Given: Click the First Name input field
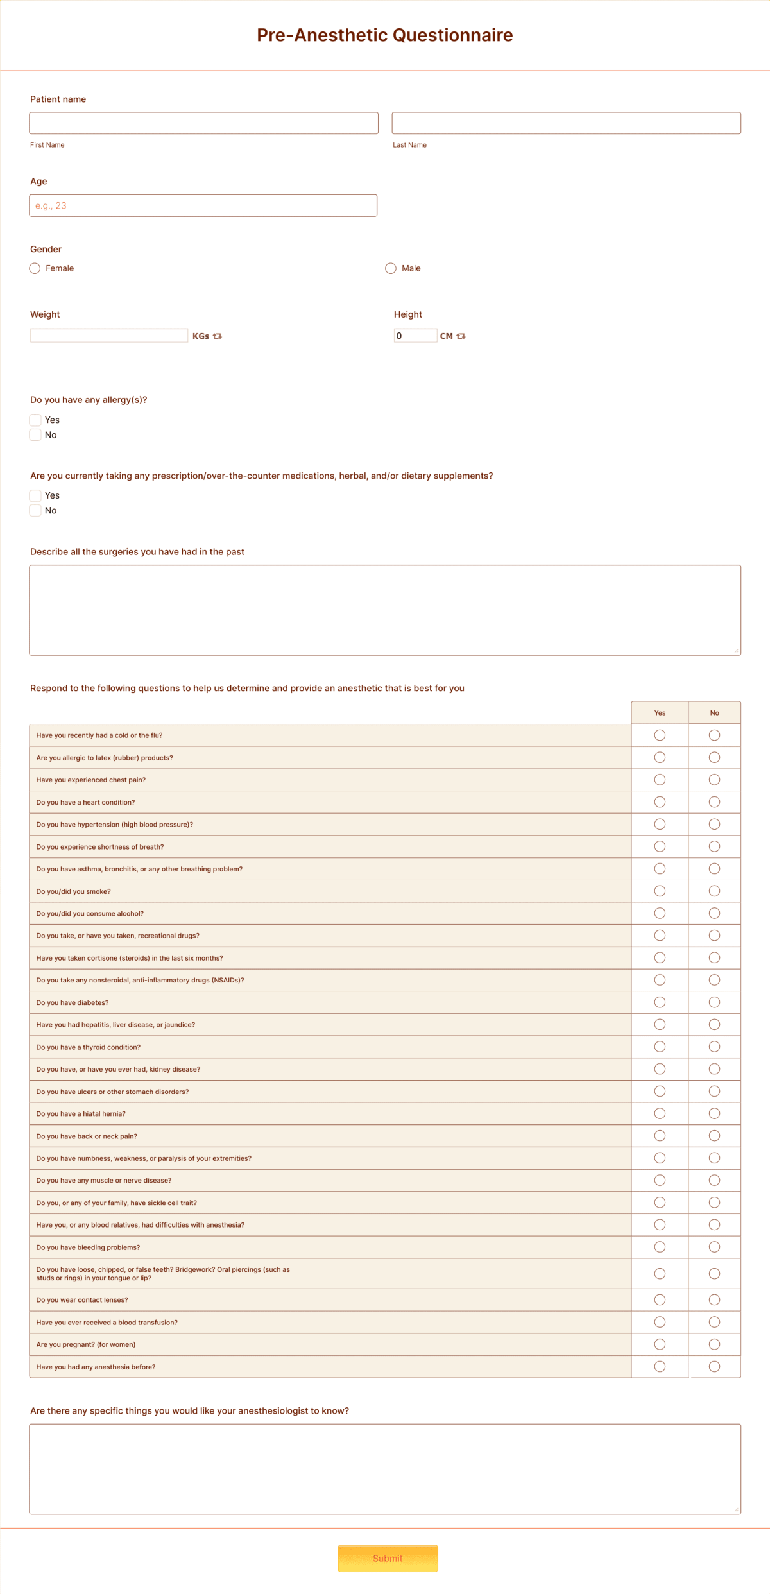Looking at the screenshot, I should pyautogui.click(x=203, y=123).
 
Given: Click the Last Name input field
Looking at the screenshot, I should pyautogui.click(x=566, y=123).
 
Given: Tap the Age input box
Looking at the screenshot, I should pyautogui.click(x=203, y=205).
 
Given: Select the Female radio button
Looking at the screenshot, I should pyautogui.click(x=35, y=268).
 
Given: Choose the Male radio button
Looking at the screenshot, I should pyautogui.click(x=391, y=268).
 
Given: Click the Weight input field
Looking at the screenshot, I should pyautogui.click(x=109, y=336).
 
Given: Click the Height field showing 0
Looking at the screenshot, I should pyautogui.click(x=415, y=336).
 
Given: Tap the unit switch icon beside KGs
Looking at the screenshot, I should pyautogui.click(x=218, y=336).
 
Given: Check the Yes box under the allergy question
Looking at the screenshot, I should pyautogui.click(x=35, y=420).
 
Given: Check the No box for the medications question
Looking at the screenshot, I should pyautogui.click(x=35, y=510).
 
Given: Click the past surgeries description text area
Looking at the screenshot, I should pyautogui.click(x=385, y=610).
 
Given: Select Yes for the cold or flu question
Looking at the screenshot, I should pyautogui.click(x=660, y=735).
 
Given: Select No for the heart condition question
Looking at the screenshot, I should pyautogui.click(x=714, y=802).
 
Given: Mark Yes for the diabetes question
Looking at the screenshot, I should pyautogui.click(x=660, y=1002).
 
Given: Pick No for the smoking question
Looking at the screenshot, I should pyautogui.click(x=714, y=891).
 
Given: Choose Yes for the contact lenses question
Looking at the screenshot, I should pyautogui.click(x=660, y=1300).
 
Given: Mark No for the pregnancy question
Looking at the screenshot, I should pyautogui.click(x=714, y=1344).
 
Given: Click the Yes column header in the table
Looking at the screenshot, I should pyautogui.click(x=660, y=713).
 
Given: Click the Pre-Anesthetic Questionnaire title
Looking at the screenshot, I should pyautogui.click(x=385, y=35).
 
